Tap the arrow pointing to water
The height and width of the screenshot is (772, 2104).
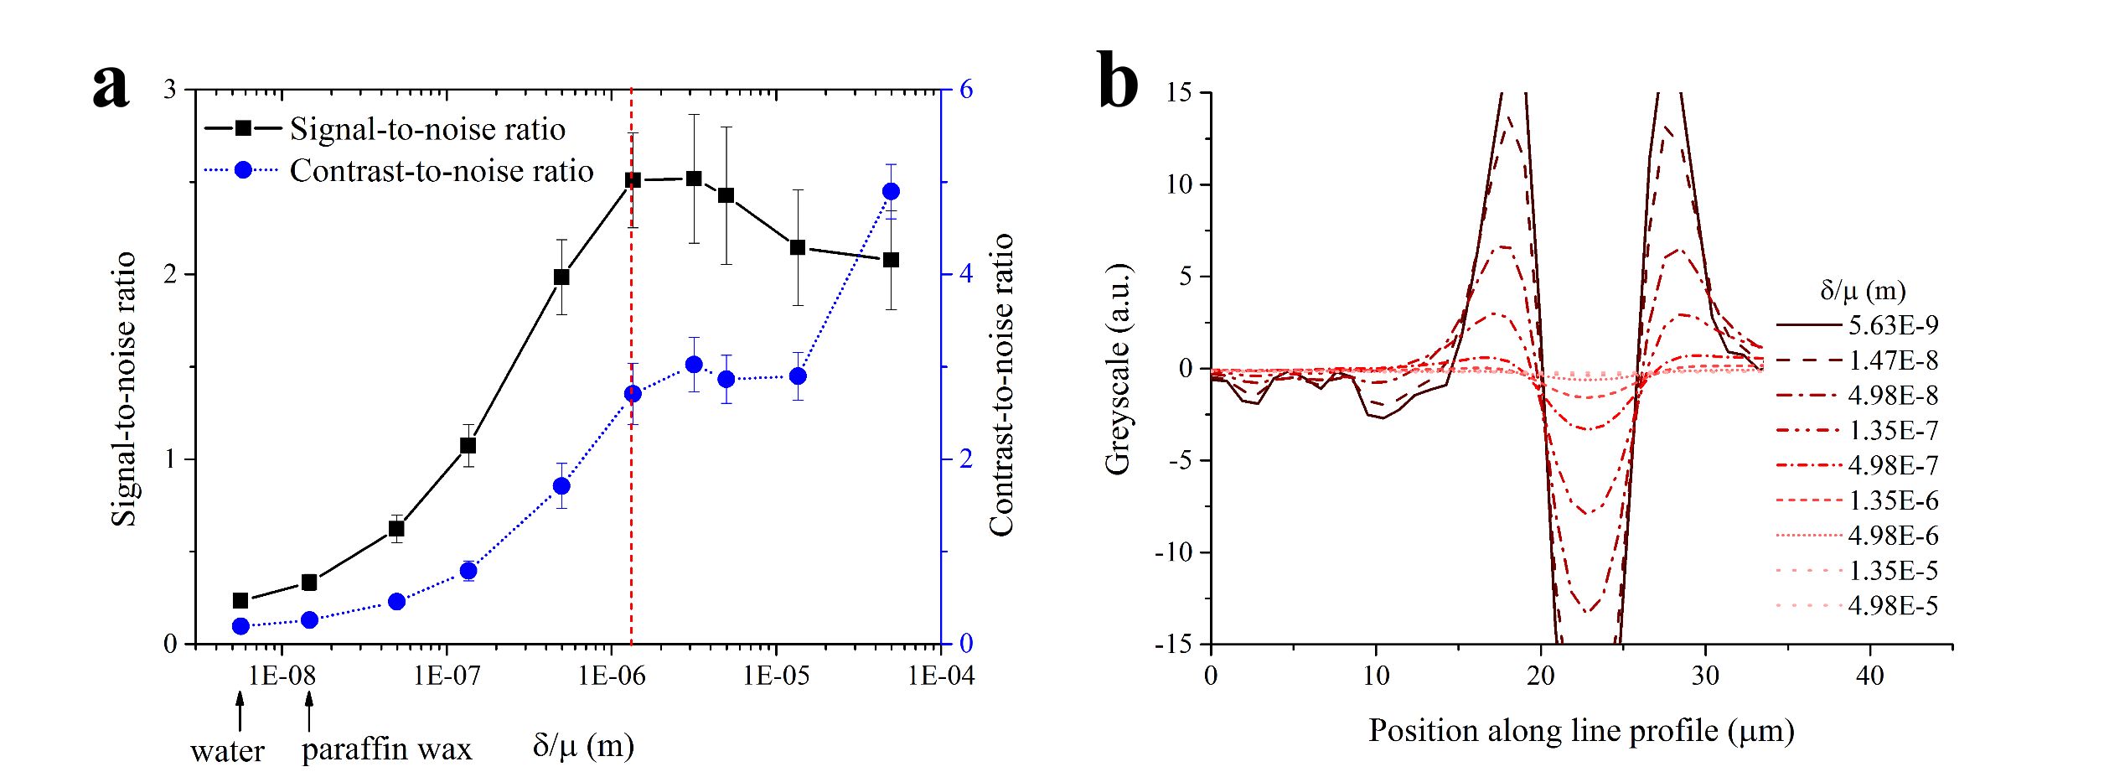tap(240, 712)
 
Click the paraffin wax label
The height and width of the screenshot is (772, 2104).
tap(386, 749)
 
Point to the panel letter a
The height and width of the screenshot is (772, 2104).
tap(111, 85)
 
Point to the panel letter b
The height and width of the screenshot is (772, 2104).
tap(1118, 80)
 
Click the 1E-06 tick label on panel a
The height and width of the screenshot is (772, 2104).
tap(612, 676)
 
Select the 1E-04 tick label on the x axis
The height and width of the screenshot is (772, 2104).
tap(941, 676)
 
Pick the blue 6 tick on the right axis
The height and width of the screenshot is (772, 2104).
tap(966, 90)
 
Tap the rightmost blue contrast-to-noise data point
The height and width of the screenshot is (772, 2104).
tap(891, 192)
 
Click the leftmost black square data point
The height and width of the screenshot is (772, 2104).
tap(240, 600)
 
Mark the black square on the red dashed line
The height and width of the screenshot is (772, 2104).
tap(633, 180)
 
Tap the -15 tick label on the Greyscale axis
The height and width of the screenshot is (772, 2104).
tap(1173, 645)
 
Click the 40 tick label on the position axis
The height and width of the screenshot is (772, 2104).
tap(1870, 676)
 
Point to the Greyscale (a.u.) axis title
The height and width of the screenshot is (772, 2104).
tap(1118, 369)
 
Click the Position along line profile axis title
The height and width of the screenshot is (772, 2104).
tap(1581, 731)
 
